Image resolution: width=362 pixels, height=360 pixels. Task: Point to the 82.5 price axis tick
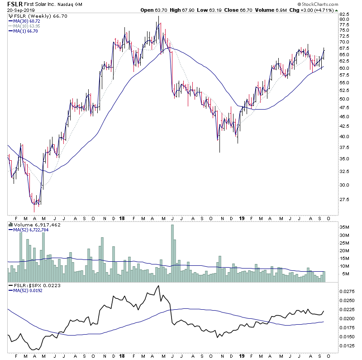(x=346, y=14)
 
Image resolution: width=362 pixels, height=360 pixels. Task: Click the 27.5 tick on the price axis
(x=346, y=199)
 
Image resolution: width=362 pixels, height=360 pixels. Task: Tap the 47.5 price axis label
(x=346, y=108)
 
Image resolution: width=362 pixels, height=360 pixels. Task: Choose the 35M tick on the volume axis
(x=346, y=227)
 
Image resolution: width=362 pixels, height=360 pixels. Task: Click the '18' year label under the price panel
(x=122, y=218)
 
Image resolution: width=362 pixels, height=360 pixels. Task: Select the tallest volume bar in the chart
(x=172, y=248)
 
